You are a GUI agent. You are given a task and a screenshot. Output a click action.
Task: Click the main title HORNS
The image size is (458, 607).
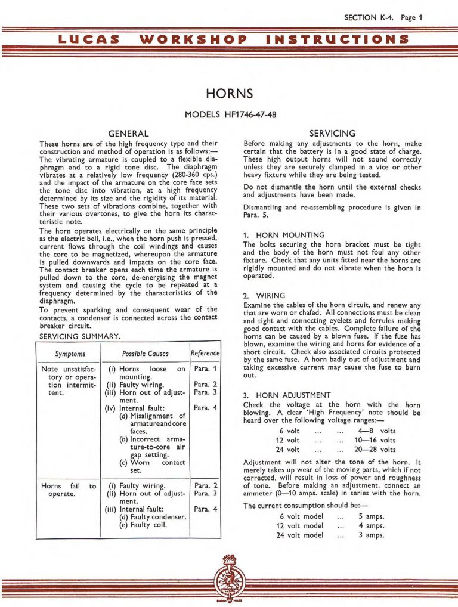[229, 94]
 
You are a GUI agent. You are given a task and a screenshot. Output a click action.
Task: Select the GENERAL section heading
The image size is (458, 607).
[128, 134]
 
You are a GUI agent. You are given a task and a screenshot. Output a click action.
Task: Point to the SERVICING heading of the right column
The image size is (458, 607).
[333, 134]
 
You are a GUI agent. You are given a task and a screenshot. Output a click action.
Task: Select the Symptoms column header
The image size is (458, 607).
[70, 354]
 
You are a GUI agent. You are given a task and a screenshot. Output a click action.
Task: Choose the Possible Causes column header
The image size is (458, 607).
[145, 354]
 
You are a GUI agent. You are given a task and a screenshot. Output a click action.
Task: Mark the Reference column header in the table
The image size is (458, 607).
[205, 354]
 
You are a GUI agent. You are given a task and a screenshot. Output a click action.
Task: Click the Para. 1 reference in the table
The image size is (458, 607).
[206, 370]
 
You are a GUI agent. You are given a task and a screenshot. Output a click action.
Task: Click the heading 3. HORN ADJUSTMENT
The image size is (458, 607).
[287, 395]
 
